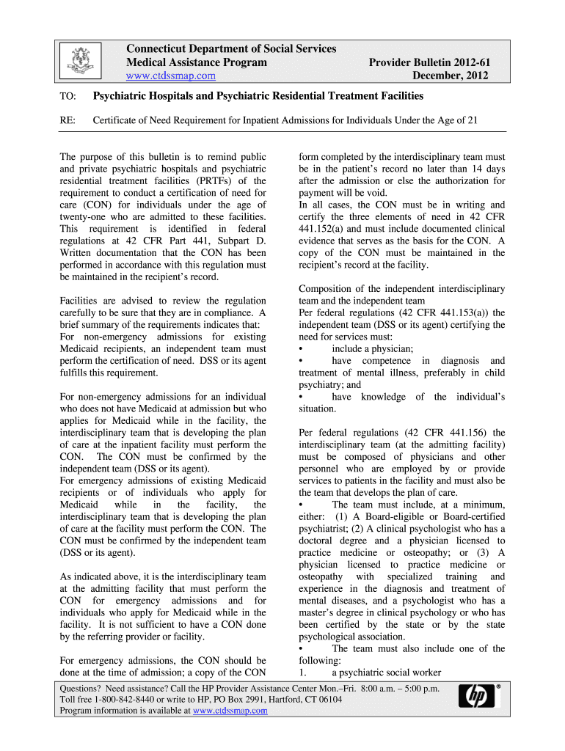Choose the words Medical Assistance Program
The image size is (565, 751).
click(x=197, y=62)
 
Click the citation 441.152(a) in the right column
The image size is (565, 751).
click(x=326, y=229)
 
